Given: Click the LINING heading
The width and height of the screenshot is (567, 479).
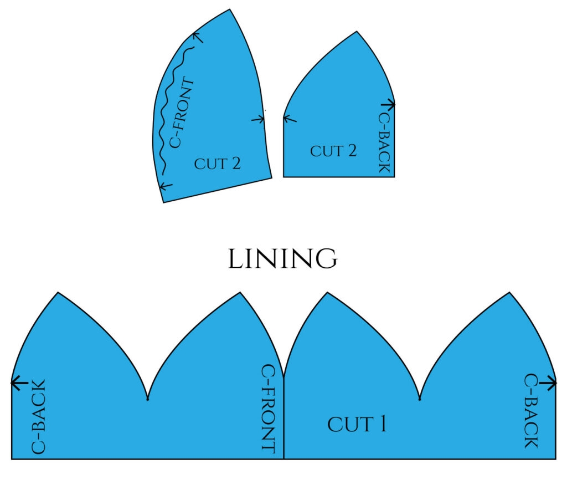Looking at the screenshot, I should coord(282,259).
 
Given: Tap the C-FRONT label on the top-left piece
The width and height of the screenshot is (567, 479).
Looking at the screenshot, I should coord(183,114).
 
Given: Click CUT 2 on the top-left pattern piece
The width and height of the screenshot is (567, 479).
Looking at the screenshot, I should coord(218,164).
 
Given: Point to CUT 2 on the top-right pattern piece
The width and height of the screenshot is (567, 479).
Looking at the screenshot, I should coord(333,151).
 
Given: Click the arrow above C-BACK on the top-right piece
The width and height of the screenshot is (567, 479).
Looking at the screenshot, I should coord(388,104).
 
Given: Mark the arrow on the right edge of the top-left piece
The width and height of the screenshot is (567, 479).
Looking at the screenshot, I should coord(258,119).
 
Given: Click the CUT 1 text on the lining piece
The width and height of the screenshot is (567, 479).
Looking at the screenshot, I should coord(357,425).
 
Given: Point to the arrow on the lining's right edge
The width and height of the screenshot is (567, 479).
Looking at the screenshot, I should coord(548,382).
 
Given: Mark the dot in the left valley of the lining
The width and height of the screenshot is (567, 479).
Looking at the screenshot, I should coord(147,399).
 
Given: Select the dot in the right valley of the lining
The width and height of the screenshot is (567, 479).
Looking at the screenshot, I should coord(420,399).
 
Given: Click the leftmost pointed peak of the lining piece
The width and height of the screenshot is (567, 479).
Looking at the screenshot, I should coord(58,293).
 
